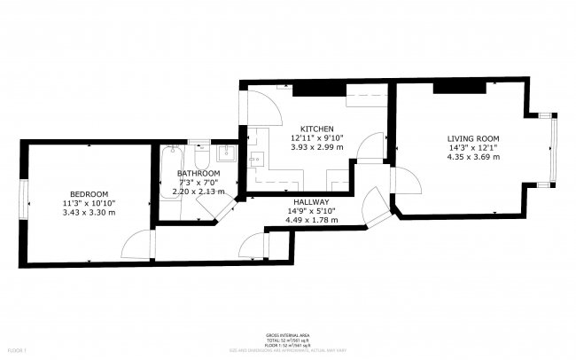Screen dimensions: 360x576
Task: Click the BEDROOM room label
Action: (90, 194)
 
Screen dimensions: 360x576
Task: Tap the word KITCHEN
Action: (316, 129)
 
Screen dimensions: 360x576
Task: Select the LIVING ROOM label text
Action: (473, 138)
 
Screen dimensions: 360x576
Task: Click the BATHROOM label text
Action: (198, 173)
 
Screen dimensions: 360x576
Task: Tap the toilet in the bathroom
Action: (202, 156)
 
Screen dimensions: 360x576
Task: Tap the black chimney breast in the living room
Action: (461, 87)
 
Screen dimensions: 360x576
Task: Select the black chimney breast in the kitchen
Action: (318, 88)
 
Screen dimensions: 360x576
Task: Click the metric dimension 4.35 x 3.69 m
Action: (473, 157)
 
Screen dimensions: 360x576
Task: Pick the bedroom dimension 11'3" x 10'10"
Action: (90, 203)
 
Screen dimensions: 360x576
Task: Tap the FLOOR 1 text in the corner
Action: (12, 352)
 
